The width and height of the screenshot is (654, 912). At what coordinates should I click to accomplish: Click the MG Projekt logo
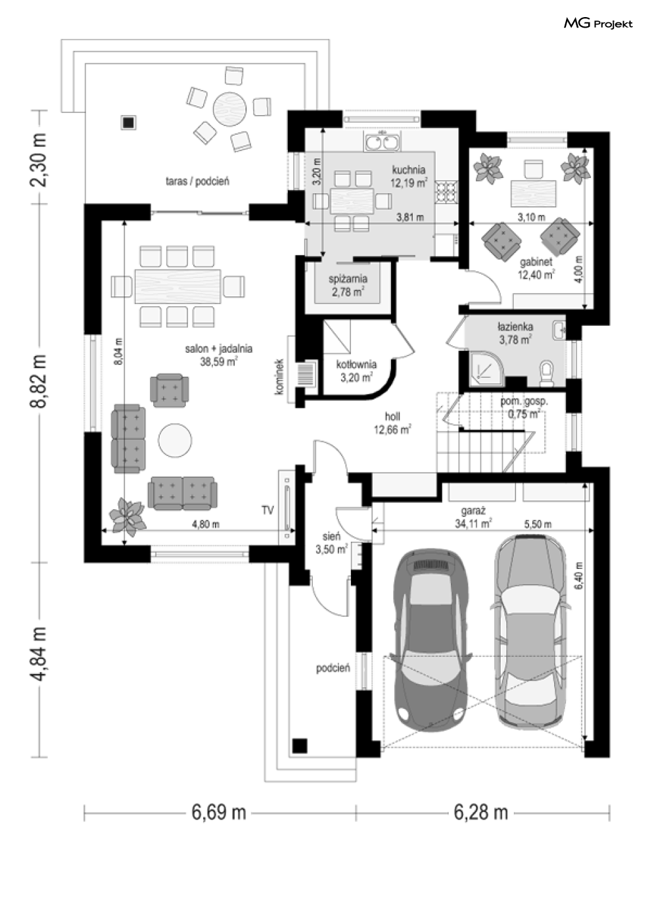(x=598, y=24)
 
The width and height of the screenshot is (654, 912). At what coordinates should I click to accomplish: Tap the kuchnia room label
(x=408, y=170)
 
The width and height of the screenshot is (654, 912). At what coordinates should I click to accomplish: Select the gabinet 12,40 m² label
(x=536, y=268)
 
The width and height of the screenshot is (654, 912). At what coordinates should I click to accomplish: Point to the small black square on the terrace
(x=128, y=123)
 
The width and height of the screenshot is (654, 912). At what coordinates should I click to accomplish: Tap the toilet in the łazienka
(x=546, y=373)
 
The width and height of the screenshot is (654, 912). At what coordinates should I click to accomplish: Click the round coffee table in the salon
(x=175, y=440)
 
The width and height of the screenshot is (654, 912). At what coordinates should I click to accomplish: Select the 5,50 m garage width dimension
(x=538, y=524)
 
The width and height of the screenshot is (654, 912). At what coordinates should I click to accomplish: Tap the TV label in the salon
(x=268, y=510)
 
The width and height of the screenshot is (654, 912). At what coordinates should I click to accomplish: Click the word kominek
(x=279, y=376)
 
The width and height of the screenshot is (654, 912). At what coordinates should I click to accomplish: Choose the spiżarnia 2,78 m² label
(x=348, y=285)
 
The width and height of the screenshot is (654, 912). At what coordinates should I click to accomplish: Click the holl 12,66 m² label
(x=392, y=423)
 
